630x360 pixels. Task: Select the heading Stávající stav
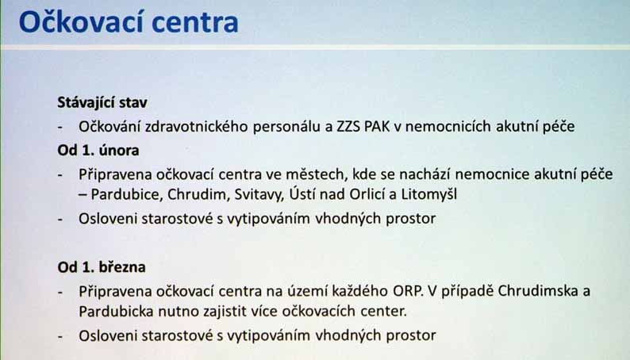(102, 103)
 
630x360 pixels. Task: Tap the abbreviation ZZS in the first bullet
(348, 126)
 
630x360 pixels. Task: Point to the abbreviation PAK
(376, 126)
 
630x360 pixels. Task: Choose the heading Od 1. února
(98, 151)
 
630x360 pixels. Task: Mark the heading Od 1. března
(102, 267)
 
